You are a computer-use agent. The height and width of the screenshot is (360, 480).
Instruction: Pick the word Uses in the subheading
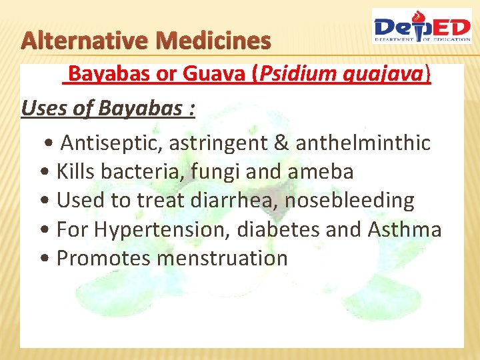43,107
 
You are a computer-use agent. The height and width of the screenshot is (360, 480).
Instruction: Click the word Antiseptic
111,143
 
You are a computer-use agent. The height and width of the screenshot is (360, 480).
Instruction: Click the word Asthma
404,229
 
